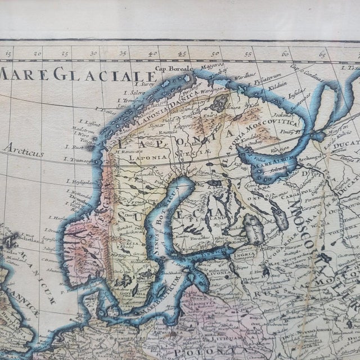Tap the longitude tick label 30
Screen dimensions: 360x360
(94, 54)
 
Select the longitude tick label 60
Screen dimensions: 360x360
(286, 55)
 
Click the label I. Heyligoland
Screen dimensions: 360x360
(80, 181)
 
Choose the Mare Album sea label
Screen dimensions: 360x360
(272, 158)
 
